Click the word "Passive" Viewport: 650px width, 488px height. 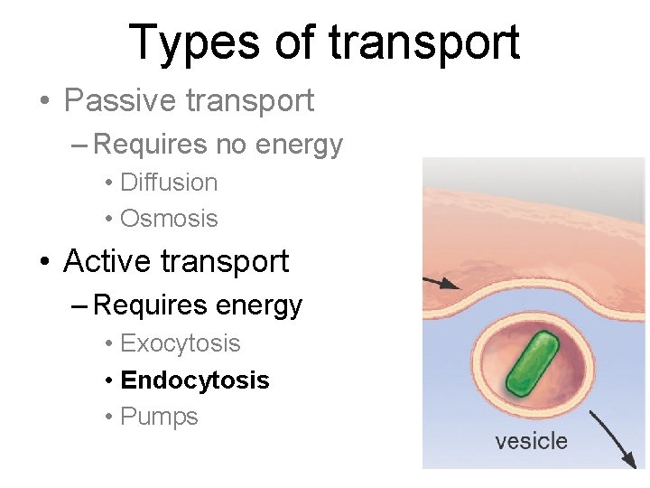(x=119, y=100)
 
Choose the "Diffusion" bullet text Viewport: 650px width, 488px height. (x=169, y=183)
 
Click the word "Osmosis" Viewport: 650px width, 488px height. (x=169, y=219)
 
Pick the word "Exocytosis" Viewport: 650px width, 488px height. (x=180, y=343)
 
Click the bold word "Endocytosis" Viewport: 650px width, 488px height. (x=194, y=380)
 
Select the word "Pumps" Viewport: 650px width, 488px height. (x=159, y=417)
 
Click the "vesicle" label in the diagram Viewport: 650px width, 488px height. (x=531, y=441)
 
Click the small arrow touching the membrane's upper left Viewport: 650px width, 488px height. (x=441, y=283)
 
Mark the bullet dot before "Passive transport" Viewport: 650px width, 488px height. (x=45, y=101)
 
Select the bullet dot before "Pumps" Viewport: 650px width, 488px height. (x=107, y=418)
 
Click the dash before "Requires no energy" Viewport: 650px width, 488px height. (x=79, y=145)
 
